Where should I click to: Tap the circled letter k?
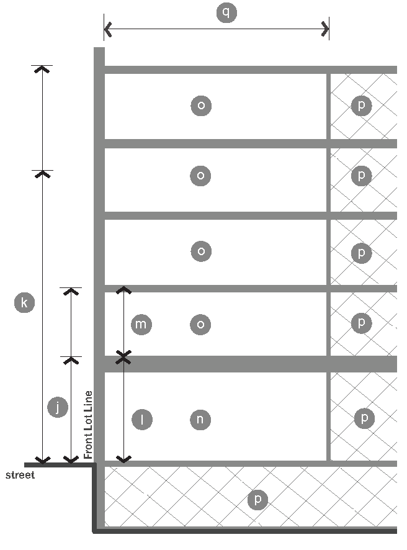coord(24,303)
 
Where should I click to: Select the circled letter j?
coord(57,407)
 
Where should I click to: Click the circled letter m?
coord(141,324)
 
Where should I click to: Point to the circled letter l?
coord(142,420)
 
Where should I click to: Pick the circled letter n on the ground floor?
coord(200,420)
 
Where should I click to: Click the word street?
coord(20,476)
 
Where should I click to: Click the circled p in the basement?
coord(257,500)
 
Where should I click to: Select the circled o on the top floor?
coord(200,106)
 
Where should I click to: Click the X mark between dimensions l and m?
coord(124,357)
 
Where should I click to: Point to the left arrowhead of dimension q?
coord(108,29)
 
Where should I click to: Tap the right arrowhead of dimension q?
coord(325,29)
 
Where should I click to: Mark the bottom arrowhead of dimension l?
coord(124,459)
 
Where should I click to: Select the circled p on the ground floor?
coord(364,418)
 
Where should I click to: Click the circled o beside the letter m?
coord(200,324)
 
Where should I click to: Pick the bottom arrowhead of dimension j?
coord(71,460)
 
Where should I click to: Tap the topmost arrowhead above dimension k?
coord(42,69)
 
